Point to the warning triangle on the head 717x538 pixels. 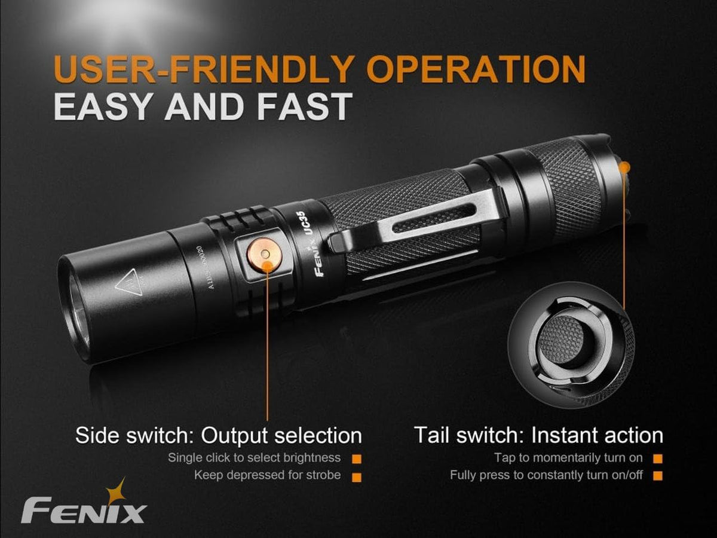[130, 282]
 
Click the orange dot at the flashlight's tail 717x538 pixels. [624, 168]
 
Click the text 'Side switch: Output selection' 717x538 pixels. [219, 435]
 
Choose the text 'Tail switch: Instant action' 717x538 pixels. [539, 435]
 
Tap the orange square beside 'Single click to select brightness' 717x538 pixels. [357, 459]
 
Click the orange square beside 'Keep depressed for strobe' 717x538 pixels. [357, 478]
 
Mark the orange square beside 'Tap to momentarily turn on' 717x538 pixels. [658, 459]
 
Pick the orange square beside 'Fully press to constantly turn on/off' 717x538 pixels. [658, 476]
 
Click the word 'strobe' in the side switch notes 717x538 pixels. [323, 475]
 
